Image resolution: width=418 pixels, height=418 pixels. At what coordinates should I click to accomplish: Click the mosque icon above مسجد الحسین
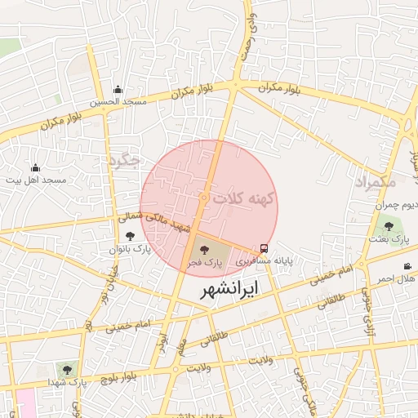click(x=118, y=89)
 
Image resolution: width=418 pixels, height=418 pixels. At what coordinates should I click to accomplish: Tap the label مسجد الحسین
click(x=118, y=102)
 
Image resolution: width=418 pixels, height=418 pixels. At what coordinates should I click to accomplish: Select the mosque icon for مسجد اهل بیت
click(x=34, y=167)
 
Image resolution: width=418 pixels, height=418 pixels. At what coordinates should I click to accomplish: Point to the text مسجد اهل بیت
click(x=35, y=180)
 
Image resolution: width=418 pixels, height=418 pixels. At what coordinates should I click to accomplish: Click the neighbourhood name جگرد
click(x=124, y=159)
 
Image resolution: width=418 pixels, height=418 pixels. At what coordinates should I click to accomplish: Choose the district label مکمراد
click(x=375, y=182)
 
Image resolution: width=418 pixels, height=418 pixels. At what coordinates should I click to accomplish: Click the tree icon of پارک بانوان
click(x=130, y=236)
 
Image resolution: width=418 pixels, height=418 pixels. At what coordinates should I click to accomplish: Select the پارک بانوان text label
click(x=131, y=248)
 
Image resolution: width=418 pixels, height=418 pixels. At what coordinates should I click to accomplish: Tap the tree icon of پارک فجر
click(x=203, y=250)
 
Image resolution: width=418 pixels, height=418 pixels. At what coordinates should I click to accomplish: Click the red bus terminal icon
click(x=264, y=247)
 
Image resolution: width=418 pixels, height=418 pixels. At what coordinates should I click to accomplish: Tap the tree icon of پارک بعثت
click(x=388, y=226)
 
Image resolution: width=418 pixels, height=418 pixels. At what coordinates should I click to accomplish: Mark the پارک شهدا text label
click(x=67, y=381)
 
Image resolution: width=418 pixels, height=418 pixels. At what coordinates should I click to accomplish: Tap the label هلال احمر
click(x=395, y=278)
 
